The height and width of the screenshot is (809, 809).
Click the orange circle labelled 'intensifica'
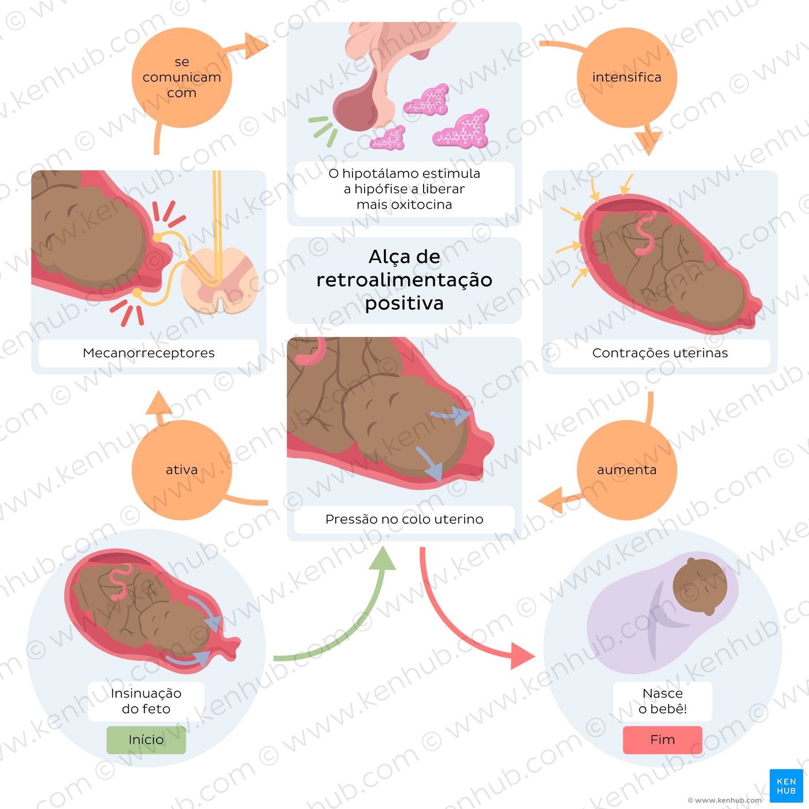click(627, 77)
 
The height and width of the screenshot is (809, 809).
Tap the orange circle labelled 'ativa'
click(181, 470)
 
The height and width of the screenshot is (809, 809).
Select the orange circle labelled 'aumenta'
click(627, 470)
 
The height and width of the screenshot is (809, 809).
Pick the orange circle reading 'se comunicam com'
click(181, 77)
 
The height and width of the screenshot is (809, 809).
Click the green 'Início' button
click(146, 740)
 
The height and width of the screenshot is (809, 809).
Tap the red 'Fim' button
click(662, 740)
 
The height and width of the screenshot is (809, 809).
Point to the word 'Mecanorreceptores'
click(149, 353)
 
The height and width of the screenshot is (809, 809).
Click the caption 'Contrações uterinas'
click(660, 353)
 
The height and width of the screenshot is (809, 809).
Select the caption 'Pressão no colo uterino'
click(404, 519)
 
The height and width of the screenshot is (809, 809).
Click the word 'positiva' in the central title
click(404, 303)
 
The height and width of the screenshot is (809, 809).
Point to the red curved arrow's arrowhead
click(524, 656)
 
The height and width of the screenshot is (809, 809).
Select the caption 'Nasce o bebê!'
click(662, 701)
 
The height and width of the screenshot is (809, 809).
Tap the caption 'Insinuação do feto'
click(146, 701)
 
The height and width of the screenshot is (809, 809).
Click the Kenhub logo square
click(786, 786)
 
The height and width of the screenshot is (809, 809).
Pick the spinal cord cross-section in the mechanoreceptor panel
click(220, 280)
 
